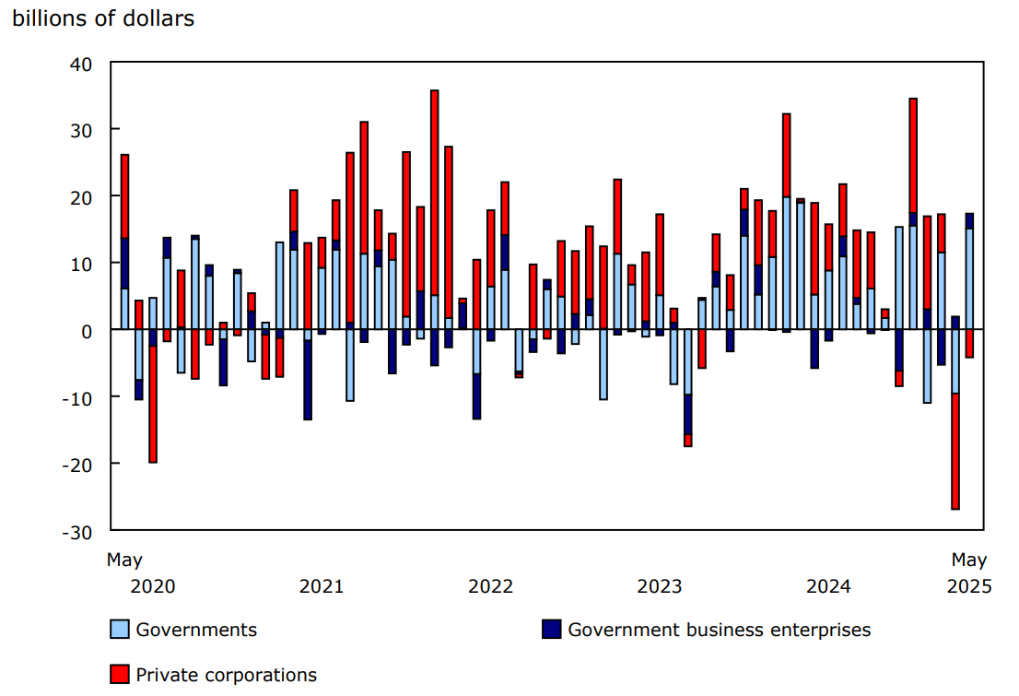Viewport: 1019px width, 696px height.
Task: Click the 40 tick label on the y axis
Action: point(81,64)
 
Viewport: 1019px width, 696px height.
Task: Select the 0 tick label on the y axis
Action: point(88,330)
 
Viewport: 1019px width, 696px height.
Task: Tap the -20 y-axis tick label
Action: point(77,464)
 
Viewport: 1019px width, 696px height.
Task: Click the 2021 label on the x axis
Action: point(322,586)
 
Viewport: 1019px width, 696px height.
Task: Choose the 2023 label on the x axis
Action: point(660,586)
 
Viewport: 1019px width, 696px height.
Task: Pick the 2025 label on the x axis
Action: point(969,586)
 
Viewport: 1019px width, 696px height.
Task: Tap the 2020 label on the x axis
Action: point(153,586)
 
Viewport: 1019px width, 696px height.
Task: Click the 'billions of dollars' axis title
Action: point(103,18)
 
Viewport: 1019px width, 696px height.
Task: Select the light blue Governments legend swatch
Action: point(119,630)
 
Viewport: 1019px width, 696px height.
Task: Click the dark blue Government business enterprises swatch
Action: point(551,630)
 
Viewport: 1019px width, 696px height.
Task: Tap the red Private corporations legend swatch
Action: point(119,675)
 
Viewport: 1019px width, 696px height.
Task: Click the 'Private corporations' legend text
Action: point(226,675)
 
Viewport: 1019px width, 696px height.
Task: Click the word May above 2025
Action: point(969,560)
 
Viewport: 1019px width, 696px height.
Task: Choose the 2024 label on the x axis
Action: point(828,586)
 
